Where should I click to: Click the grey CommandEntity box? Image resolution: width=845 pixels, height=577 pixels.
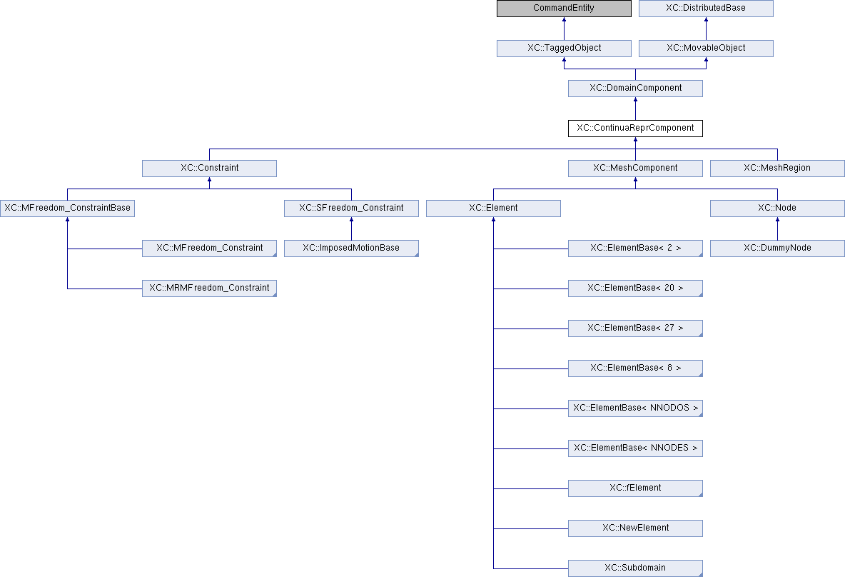click(564, 8)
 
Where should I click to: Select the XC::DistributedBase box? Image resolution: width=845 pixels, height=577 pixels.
click(706, 8)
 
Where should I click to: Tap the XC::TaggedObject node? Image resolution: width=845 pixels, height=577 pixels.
click(564, 48)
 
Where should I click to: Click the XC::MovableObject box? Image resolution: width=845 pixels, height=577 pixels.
click(706, 48)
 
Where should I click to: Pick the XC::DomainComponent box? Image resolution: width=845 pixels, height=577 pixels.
click(635, 88)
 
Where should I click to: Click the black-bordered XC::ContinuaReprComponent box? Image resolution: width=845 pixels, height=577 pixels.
click(635, 128)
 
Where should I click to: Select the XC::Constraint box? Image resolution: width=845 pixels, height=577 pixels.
click(209, 168)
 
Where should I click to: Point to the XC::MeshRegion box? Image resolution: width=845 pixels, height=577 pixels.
click(777, 168)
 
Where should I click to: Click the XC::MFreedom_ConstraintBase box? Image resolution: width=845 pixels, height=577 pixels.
click(67, 208)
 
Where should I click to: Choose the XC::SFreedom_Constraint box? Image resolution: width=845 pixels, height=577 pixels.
click(351, 208)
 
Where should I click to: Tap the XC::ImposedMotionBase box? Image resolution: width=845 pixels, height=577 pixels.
click(351, 248)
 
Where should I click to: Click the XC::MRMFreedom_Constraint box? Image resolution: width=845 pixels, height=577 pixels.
click(209, 288)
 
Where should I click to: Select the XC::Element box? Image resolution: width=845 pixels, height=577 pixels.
click(493, 208)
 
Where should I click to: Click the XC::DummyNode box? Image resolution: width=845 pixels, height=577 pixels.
click(777, 248)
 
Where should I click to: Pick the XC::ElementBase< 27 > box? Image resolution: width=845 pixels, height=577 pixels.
click(635, 328)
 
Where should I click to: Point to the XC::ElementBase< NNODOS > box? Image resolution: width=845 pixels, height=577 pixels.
click(635, 408)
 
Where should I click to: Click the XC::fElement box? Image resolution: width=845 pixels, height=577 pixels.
click(635, 488)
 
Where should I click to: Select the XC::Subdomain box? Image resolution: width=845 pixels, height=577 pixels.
click(635, 568)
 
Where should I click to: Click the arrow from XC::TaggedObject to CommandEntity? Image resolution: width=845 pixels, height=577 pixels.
click(564, 29)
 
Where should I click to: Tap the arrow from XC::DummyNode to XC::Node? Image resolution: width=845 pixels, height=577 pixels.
click(777, 229)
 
